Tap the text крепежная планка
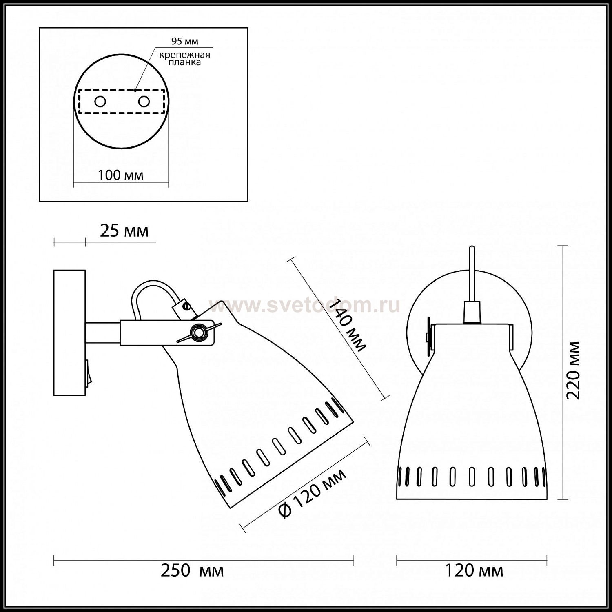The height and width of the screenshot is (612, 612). [x=185, y=58]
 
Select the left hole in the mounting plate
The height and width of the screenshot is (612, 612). [x=100, y=102]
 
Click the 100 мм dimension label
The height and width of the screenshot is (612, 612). [x=121, y=175]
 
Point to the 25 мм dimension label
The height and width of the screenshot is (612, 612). [x=124, y=231]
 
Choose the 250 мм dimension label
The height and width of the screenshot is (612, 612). [x=192, y=570]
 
